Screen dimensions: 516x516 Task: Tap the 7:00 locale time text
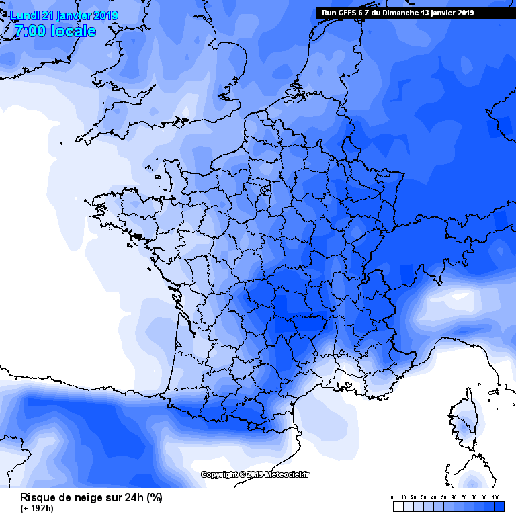tap(54, 32)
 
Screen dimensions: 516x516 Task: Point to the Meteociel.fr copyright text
tap(256, 475)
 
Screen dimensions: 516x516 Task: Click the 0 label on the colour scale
tap(392, 498)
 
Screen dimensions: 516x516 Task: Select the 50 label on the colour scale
tap(444, 498)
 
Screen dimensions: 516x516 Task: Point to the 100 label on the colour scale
tap(497, 498)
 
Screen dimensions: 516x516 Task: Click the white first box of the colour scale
tap(397, 506)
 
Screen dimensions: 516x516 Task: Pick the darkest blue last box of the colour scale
tap(499, 506)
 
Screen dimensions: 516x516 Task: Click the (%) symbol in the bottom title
tap(155, 498)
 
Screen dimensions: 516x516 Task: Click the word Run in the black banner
tap(329, 13)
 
